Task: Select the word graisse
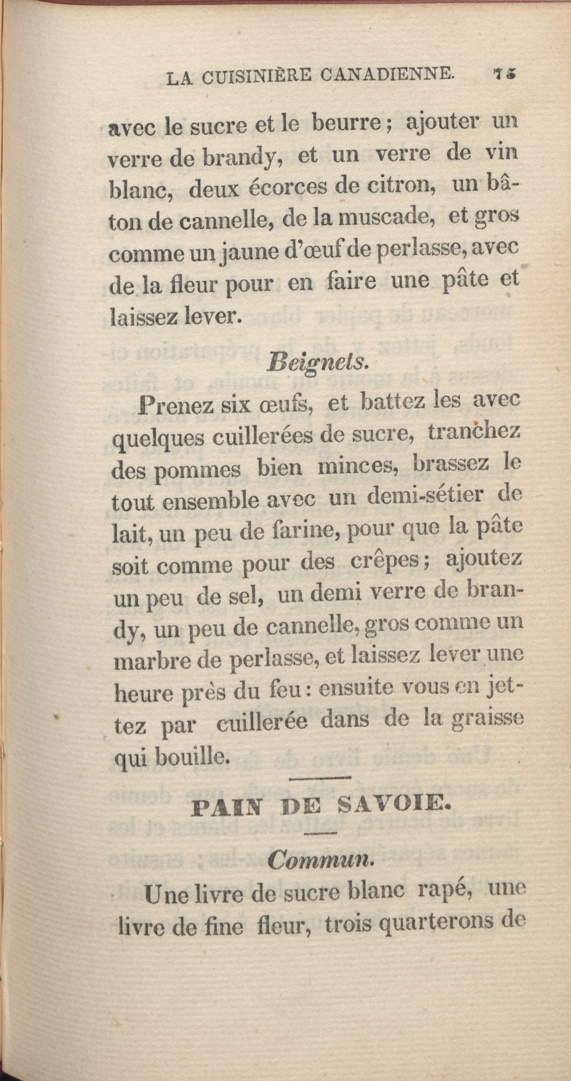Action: pyautogui.click(x=486, y=720)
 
